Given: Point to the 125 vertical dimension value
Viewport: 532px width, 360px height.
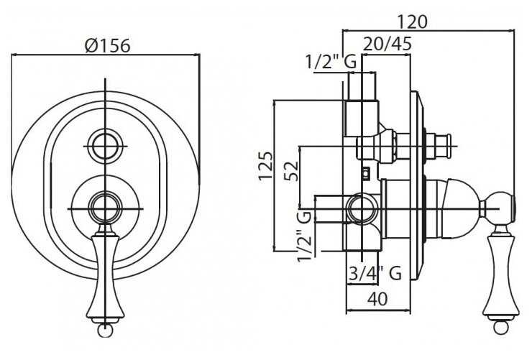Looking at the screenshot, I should pyautogui.click(x=265, y=166).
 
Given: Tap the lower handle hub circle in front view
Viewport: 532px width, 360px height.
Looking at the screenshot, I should pyautogui.click(x=106, y=208).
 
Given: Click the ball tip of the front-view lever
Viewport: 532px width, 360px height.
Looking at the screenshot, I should pyautogui.click(x=106, y=329).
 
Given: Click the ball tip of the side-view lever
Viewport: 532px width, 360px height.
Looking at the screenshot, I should pyautogui.click(x=500, y=329).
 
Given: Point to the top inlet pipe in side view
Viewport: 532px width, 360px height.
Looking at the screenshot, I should pyautogui.click(x=362, y=101).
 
